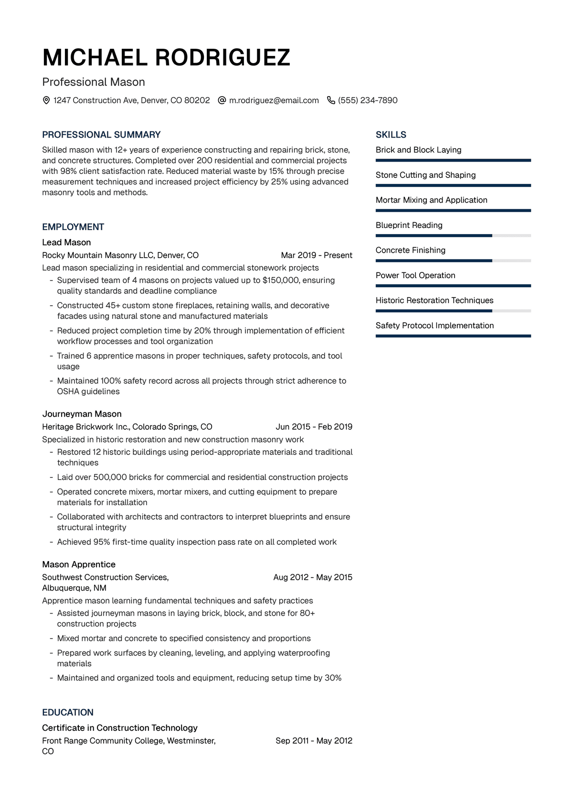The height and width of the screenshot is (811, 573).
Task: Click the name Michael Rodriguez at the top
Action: pos(166,58)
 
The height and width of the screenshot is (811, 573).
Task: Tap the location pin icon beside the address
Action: pos(46,100)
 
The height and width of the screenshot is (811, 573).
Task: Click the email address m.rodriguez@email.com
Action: pos(274,100)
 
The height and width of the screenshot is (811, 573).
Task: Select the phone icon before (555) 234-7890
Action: pos(331,100)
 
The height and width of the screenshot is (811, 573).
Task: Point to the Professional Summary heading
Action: pos(101,135)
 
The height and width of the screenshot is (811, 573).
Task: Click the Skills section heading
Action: pos(391,135)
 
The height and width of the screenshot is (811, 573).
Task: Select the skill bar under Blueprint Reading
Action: pos(453,236)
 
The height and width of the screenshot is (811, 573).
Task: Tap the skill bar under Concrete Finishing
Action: pos(453,261)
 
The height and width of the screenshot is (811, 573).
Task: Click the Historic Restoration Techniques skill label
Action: pos(434,300)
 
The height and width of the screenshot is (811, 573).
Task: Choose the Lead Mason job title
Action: pos(66,242)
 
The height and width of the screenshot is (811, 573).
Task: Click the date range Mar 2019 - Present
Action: pos(316,255)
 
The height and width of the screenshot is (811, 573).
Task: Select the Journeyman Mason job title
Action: pos(82,414)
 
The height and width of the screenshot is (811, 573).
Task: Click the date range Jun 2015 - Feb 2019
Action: pos(314,427)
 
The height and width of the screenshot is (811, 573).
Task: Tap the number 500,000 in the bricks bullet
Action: pos(110,477)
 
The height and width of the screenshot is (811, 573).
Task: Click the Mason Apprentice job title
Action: pos(79,564)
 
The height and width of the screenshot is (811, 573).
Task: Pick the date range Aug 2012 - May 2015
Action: pos(313,577)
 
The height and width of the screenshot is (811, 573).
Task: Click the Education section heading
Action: pos(68,713)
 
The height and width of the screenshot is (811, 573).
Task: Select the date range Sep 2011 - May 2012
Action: pos(314,741)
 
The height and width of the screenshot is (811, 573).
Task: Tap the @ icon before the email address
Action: pos(222,100)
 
